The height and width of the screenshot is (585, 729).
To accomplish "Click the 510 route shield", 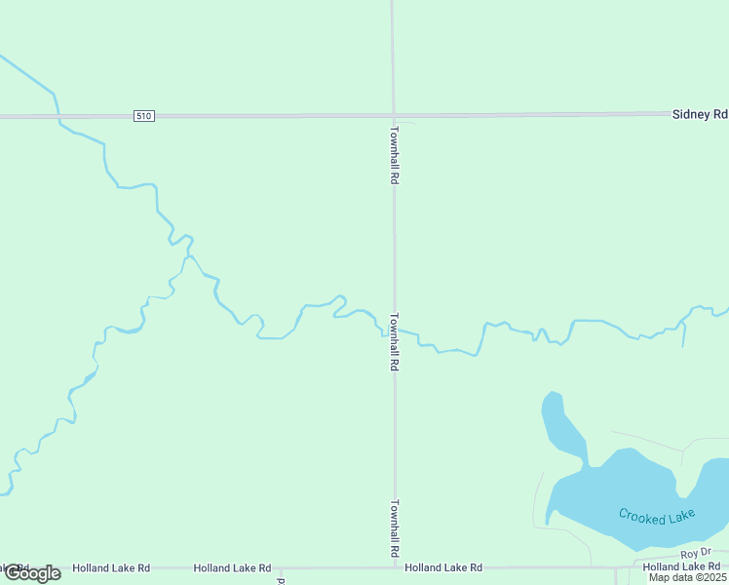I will coord(144,116).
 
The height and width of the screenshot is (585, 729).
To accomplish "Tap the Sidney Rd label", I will coord(700,114).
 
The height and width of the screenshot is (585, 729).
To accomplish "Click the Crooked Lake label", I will coord(657,516).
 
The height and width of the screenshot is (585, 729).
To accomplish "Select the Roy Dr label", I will coord(691,554).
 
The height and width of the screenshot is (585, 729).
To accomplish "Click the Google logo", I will coord(32,573).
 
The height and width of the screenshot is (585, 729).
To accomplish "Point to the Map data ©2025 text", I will coord(688,577).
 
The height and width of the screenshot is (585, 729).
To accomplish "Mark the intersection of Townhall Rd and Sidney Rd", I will coord(394,115).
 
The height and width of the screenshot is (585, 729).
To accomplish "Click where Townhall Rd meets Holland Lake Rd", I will coord(395,566).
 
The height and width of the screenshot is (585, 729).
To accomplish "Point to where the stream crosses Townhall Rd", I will coord(395,331).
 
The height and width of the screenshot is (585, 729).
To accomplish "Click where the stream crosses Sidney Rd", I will coord(58,116).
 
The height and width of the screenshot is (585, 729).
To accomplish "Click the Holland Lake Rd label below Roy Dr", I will coord(682,567).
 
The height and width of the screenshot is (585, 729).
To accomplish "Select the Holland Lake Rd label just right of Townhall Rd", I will coord(443,567).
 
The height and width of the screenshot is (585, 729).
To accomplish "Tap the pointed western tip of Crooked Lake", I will coord(548,520).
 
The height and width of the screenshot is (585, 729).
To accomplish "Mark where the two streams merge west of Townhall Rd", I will coord(187,255).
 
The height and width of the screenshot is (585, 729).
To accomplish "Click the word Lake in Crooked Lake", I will coord(677,517).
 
